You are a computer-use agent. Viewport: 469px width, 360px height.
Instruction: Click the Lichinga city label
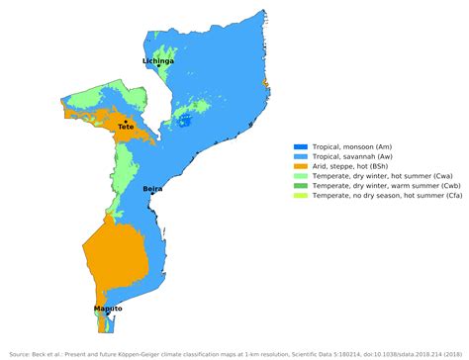point(158,61)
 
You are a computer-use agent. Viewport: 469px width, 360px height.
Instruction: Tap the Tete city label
point(126,128)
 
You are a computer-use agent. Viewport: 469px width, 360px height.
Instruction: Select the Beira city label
point(152,188)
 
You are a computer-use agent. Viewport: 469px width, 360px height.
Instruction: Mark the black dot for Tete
point(125,121)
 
